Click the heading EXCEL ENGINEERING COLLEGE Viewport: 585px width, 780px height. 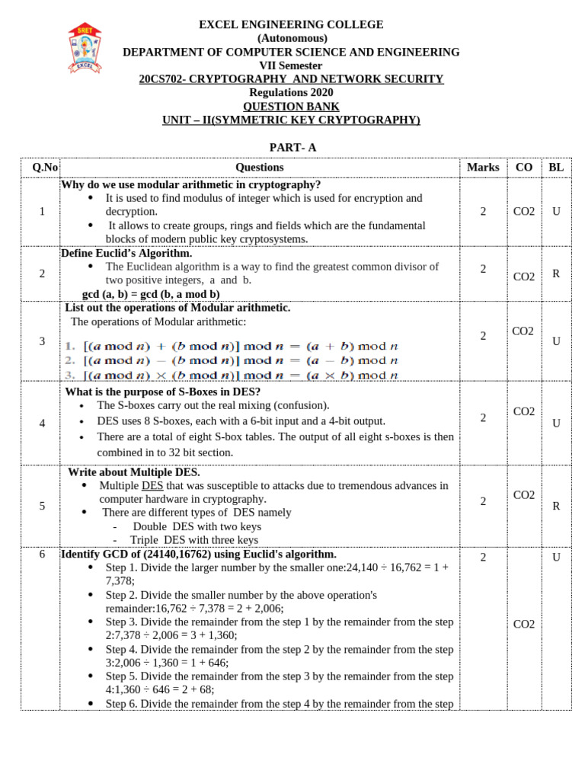(291, 24)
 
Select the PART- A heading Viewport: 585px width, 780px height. (292, 147)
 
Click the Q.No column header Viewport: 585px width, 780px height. (41, 168)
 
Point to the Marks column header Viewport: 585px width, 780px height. (483, 168)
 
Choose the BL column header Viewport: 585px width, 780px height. (556, 168)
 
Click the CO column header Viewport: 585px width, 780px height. (524, 168)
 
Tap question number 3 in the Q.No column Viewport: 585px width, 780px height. (41, 341)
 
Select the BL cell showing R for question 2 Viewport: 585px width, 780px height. (556, 273)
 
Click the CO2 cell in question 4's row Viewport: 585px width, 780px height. (524, 411)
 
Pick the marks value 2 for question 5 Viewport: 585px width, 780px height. (483, 501)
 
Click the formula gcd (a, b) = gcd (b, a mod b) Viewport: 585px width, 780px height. (151, 294)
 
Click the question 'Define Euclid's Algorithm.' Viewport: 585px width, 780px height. (126, 253)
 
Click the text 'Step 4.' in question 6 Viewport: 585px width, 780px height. (123, 649)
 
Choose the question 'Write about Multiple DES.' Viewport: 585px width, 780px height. (134, 472)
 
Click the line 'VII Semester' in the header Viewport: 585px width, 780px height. (291, 66)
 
